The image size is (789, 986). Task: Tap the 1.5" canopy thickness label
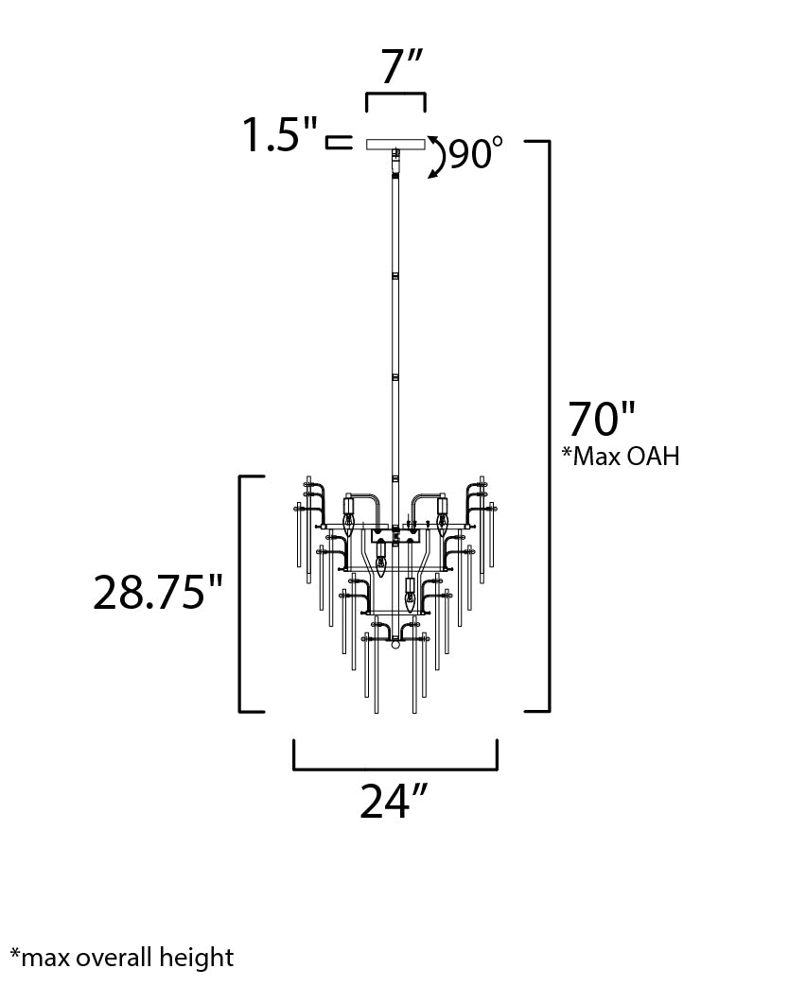[279, 134]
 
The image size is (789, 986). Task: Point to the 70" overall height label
[602, 419]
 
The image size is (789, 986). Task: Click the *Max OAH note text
[621, 456]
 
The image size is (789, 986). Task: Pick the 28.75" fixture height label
[158, 593]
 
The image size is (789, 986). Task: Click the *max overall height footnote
[122, 958]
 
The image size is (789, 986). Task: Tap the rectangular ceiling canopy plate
[395, 144]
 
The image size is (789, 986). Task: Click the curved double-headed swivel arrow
[439, 157]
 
